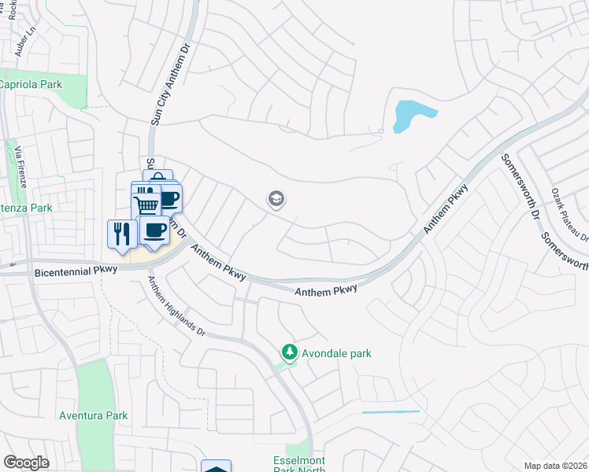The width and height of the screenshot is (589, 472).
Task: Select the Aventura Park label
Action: click(x=93, y=415)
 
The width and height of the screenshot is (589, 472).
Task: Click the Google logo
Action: click(x=26, y=462)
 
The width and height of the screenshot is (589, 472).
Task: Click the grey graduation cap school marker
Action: click(x=276, y=200)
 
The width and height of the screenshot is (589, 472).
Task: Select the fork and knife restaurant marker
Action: click(x=120, y=234)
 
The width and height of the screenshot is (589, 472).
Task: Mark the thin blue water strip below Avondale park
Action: click(x=391, y=411)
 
